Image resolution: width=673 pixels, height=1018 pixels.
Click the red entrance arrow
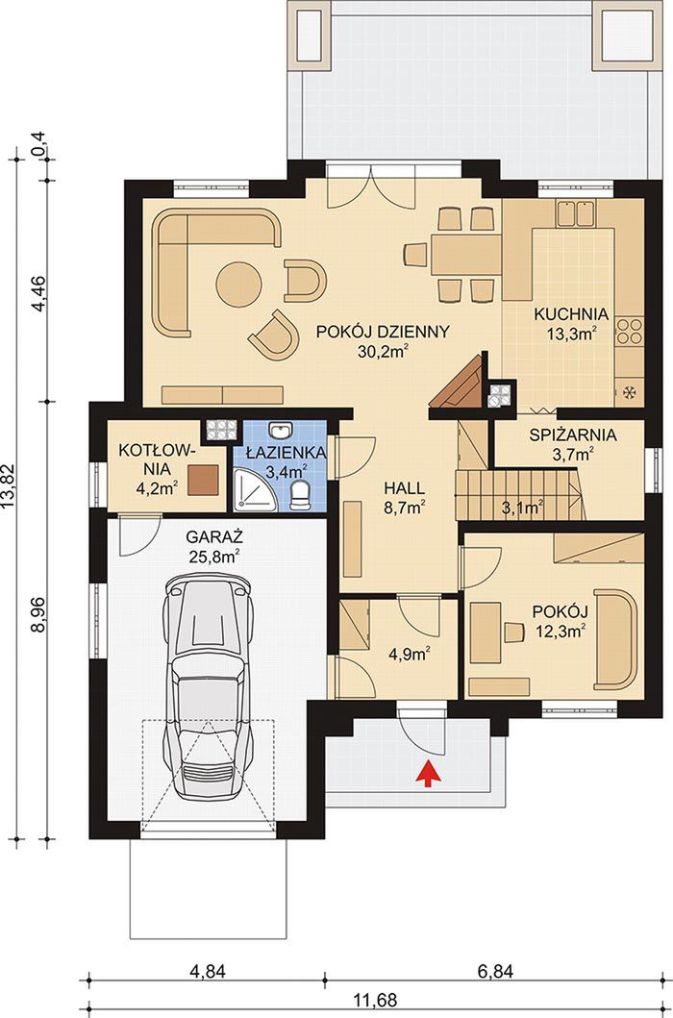428,774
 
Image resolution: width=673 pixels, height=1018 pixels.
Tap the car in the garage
209,689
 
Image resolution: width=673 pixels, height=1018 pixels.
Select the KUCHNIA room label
571,314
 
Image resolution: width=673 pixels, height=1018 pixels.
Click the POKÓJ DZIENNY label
383,332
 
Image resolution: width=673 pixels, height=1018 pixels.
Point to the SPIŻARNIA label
572,435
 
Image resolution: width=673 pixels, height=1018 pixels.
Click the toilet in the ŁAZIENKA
299,495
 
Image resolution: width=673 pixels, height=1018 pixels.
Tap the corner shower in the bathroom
249,490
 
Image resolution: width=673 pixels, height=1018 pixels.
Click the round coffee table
238,285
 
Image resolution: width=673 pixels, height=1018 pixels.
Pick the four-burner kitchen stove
629,331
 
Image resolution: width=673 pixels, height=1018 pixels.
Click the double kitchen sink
575,213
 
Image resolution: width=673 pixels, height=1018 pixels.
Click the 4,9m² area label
410,654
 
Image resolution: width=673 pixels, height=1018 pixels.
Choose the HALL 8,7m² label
404,498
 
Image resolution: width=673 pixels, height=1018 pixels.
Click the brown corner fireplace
460,384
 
